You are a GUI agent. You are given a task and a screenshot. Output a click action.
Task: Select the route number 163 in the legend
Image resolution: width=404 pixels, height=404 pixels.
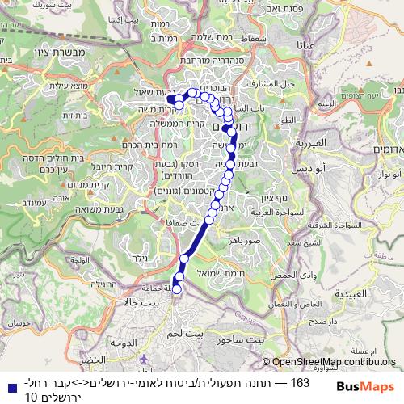click(300, 381)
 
